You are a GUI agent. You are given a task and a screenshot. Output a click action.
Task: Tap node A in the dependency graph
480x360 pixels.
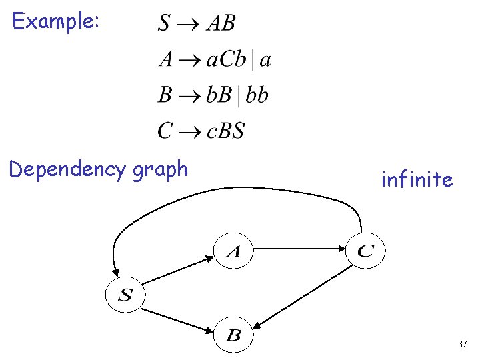(x=233, y=251)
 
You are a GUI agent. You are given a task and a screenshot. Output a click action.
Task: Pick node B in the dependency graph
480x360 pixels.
(x=233, y=335)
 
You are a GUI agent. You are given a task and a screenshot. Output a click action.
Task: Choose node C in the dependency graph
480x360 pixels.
(x=365, y=251)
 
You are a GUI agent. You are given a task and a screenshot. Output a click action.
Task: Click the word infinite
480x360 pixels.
(x=417, y=179)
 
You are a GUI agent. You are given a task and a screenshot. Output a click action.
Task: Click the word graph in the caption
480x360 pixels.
(x=160, y=170)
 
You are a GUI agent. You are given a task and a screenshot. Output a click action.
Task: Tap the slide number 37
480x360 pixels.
(x=462, y=345)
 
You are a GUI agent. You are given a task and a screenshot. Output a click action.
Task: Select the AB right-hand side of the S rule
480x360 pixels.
(x=221, y=24)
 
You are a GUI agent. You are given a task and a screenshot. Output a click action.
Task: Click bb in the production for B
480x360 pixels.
(x=257, y=95)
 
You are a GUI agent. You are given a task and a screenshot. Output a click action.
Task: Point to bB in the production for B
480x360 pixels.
(x=219, y=95)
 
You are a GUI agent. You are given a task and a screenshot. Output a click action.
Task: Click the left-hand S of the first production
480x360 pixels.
(x=164, y=24)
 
